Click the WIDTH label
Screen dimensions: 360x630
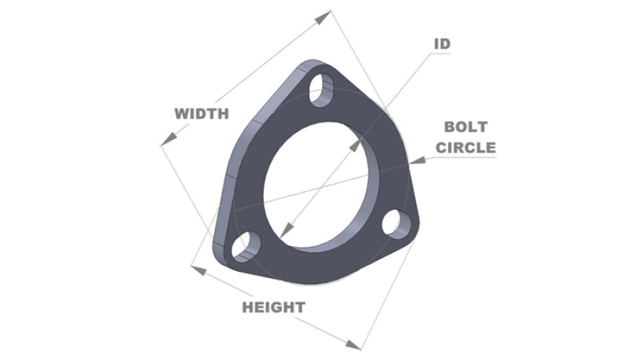click(x=201, y=113)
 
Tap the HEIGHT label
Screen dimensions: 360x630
click(x=273, y=306)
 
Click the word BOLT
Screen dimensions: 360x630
click(x=466, y=127)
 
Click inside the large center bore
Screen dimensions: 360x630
click(x=319, y=181)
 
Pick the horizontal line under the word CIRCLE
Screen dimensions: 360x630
click(x=465, y=158)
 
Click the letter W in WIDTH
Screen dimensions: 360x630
click(x=181, y=113)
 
